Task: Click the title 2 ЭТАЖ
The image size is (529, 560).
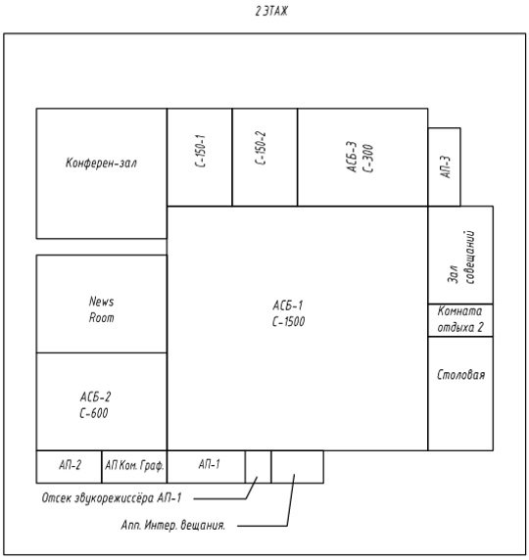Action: [271, 12]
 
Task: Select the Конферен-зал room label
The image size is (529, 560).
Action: [101, 163]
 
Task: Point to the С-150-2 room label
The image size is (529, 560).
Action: [261, 148]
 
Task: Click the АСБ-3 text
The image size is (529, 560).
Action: [352, 158]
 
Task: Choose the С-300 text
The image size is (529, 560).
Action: [368, 159]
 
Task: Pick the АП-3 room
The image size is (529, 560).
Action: [445, 167]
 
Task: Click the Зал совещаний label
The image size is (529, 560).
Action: [461, 257]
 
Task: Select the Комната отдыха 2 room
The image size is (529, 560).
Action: [460, 320]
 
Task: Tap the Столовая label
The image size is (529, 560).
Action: [461, 375]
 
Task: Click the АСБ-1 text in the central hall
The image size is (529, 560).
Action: [288, 305]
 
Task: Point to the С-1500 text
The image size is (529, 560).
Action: [288, 322]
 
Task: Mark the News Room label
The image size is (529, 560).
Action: [102, 309]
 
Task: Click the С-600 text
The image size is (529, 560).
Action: [94, 413]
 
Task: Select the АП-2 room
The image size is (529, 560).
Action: [69, 467]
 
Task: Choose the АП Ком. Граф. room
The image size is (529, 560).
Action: [134, 467]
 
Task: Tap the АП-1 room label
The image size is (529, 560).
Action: [209, 464]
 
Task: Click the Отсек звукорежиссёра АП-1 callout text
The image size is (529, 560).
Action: [112, 498]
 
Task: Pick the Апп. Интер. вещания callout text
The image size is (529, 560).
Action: [173, 526]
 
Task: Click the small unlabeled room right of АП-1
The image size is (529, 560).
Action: [258, 467]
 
